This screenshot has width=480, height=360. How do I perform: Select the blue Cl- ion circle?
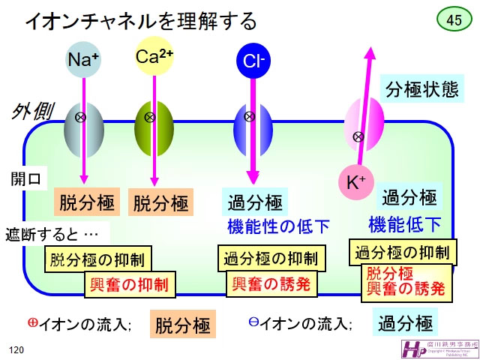coord(251,61)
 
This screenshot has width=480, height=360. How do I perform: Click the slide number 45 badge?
coord(454,20)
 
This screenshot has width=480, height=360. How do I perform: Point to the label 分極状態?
coord(421,90)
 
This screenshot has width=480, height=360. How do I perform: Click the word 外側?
coord(32,112)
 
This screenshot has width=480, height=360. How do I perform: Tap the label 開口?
coord(29,178)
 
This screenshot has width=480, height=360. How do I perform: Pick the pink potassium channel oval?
coord(363,120)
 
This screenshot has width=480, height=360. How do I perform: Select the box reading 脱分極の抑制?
coord(98,260)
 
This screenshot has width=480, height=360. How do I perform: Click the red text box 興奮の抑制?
coord(129,284)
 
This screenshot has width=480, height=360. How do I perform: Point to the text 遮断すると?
coord(52,234)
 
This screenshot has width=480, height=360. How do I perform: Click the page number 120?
coord(16,349)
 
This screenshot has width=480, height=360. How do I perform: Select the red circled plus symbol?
coord(33,322)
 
